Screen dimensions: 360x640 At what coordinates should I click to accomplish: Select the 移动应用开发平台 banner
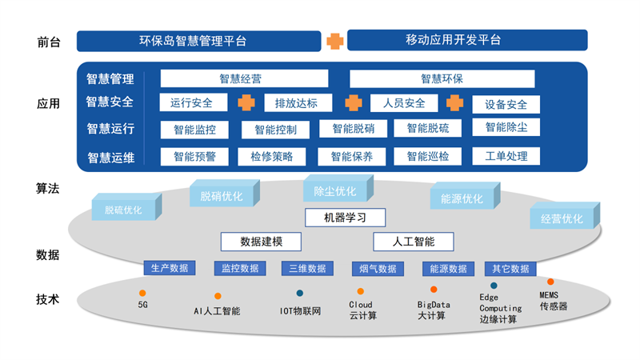467,40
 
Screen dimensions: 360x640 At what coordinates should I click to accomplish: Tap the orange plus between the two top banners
334,40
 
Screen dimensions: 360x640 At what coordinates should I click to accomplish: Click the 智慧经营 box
244,78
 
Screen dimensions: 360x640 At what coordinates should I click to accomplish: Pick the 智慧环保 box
442,78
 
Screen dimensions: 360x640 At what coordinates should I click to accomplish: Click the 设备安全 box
506,104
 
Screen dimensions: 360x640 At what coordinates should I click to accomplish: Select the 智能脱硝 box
353,128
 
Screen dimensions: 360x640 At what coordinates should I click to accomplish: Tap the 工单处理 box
506,155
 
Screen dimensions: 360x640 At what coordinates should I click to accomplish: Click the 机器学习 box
345,217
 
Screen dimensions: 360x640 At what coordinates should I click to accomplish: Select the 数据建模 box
260,241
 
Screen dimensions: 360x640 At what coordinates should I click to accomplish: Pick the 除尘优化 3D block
334,191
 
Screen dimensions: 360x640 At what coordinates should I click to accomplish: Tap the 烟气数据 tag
375,268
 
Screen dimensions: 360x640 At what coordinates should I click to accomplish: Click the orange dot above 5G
142,293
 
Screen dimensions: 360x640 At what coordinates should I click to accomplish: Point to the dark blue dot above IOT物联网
300,293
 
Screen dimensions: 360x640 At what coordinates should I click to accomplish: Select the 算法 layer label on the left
48,189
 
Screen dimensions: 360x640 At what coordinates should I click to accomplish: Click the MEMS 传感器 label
553,301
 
